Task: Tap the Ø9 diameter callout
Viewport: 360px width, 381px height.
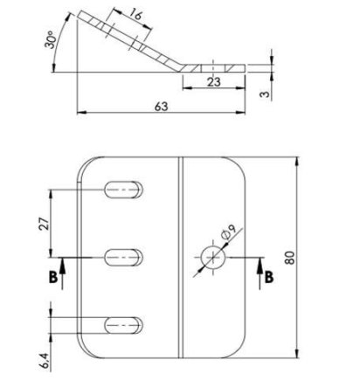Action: [x=229, y=234]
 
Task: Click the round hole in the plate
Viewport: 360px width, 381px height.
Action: [x=211, y=256]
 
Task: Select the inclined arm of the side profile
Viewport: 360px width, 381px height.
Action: [x=131, y=39]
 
